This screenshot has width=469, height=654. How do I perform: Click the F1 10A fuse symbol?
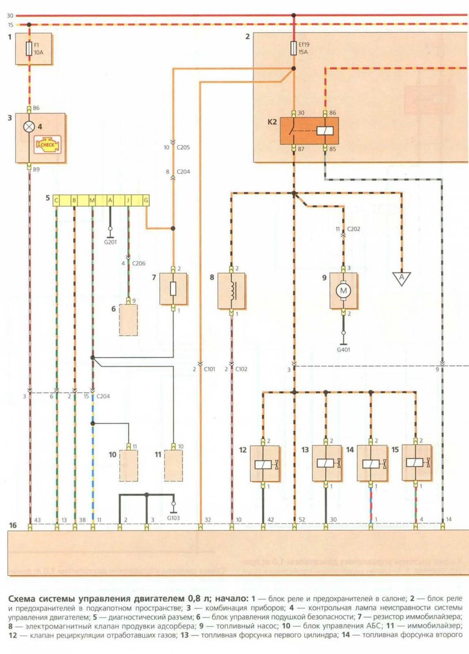(x=29, y=48)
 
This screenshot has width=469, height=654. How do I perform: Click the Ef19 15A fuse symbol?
(x=293, y=48)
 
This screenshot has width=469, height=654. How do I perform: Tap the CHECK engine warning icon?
(x=48, y=145)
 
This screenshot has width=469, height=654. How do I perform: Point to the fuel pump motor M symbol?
(x=343, y=291)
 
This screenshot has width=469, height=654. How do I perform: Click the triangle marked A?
(x=401, y=278)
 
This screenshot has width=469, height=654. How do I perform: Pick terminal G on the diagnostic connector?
(x=146, y=200)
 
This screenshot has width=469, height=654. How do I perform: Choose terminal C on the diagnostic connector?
(x=56, y=200)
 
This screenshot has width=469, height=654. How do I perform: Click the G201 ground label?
(x=110, y=242)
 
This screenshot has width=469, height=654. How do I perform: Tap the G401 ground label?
(x=343, y=349)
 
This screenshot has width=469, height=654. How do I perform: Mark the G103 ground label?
(x=173, y=518)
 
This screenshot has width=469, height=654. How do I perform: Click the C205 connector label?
(x=183, y=147)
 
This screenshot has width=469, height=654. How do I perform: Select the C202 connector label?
(x=353, y=229)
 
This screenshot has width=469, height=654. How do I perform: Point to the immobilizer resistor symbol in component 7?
(x=173, y=289)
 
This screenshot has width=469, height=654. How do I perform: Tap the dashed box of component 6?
(x=128, y=320)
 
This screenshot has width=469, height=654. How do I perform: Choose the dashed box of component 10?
(x=129, y=466)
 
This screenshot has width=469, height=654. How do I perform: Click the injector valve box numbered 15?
(x=416, y=463)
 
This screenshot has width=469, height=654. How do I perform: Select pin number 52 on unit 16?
(x=302, y=520)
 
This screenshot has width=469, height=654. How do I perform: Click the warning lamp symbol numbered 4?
(x=29, y=127)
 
